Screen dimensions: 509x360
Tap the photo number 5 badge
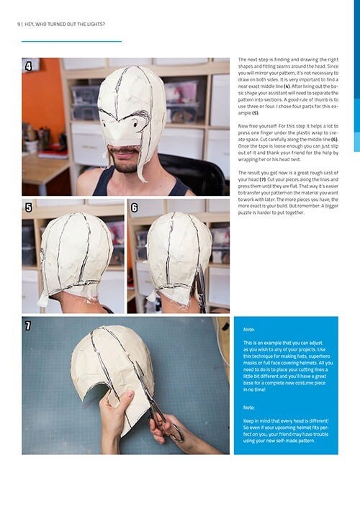[28, 207]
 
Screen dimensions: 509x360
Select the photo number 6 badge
[134, 207]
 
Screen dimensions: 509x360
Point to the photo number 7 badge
[28, 325]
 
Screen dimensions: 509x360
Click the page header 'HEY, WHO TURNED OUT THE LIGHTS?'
[64, 24]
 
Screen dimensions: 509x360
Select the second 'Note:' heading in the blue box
[248, 407]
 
